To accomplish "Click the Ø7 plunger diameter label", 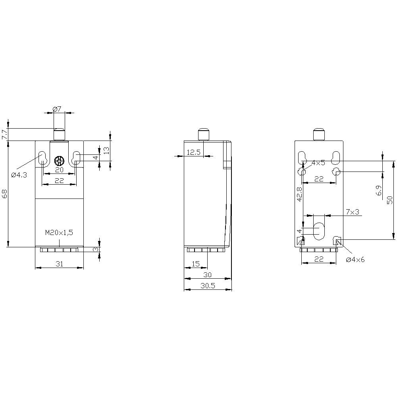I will pos(58,109).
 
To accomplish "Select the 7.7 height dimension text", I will pos(4,134).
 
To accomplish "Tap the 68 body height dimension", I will pos(4,194).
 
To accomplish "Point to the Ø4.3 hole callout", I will pos(19,175).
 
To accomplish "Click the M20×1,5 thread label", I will pos(59,233).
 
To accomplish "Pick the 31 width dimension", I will pos(60,264).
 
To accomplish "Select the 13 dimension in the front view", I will pos(106,150).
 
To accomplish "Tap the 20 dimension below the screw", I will pos(59,170).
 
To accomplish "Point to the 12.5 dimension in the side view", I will pos(194,152).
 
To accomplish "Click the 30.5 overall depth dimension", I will pos(207,286).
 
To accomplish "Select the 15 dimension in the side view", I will pos(195,264).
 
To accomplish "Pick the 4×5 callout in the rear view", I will pos(318,163).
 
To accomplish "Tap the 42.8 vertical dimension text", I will pos(299,194).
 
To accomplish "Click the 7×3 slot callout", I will pos(352,212).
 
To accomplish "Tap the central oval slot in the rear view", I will pos(319,231).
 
